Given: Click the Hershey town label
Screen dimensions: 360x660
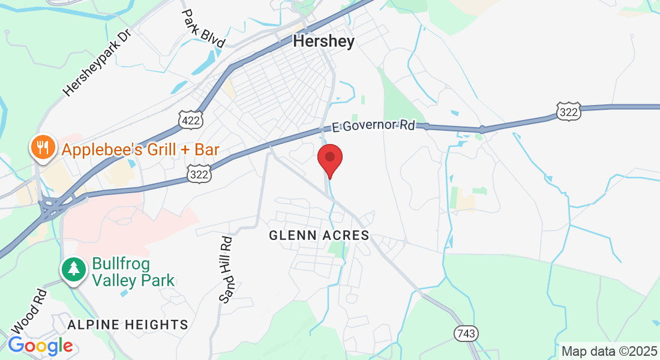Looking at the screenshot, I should (324, 41).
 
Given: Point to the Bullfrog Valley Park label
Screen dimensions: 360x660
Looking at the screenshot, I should (133, 272).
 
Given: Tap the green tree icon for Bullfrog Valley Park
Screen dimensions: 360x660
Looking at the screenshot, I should (74, 269).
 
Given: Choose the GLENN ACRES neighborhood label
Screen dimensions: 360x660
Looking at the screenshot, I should (319, 236).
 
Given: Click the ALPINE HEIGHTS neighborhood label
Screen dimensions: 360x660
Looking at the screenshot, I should (128, 325).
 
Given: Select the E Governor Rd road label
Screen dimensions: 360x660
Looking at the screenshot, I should (373, 127).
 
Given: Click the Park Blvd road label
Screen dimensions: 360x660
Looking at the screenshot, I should (203, 28).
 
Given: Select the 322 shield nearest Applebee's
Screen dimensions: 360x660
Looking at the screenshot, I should (198, 173).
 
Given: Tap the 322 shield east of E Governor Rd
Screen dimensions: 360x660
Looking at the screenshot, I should (568, 111).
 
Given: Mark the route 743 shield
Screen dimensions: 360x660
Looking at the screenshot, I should (466, 333).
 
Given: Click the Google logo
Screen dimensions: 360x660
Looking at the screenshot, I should (40, 346).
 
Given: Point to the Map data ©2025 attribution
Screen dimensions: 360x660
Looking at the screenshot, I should (608, 351).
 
